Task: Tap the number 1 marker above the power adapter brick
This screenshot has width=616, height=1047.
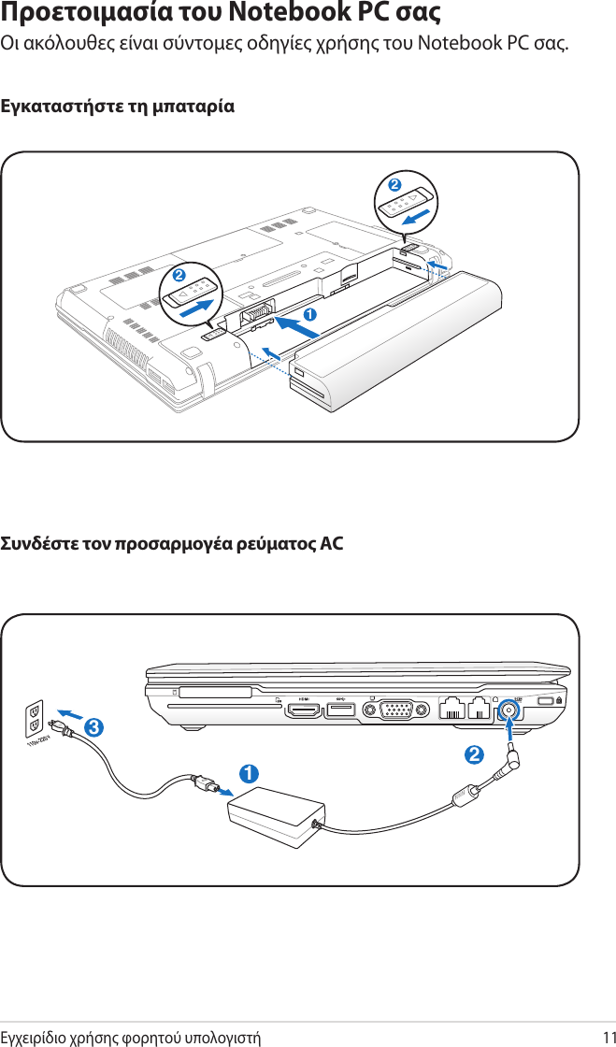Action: [x=248, y=773]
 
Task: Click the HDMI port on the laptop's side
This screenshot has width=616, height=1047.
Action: [x=302, y=710]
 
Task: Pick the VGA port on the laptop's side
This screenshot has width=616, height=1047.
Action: [x=399, y=710]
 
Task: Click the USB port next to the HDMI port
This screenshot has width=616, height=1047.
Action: [x=340, y=710]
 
